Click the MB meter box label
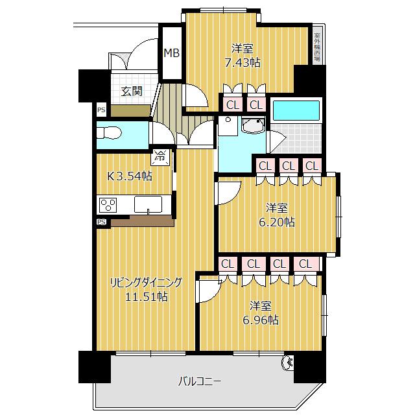171,53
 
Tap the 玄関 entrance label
132,91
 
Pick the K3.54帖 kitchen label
130,176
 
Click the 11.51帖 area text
147,297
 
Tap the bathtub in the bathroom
295,110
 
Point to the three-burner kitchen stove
108,205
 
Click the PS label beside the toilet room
101,110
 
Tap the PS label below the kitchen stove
101,222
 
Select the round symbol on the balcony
288,362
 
